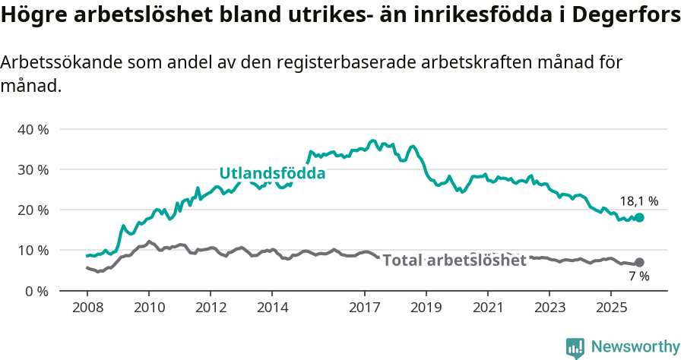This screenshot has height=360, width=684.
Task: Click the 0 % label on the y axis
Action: [36, 290]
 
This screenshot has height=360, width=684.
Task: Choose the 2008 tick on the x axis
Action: [87, 308]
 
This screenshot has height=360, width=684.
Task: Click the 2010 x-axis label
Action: [149, 308]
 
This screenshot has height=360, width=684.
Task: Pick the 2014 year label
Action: [273, 308]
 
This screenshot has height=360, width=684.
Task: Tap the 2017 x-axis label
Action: [365, 308]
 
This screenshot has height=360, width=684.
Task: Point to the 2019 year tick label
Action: [426, 308]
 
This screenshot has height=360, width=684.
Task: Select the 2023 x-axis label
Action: [549, 308]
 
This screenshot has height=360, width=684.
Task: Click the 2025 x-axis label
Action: [611, 308]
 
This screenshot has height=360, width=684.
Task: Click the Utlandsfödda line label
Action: [272, 173]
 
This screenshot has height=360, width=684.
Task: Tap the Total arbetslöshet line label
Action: [454, 261]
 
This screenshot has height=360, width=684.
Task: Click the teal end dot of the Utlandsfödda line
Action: [639, 217]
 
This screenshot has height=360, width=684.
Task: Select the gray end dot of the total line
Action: [639, 262]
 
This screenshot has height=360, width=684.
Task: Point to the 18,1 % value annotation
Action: [638, 201]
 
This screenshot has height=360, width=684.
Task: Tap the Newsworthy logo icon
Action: [575, 347]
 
